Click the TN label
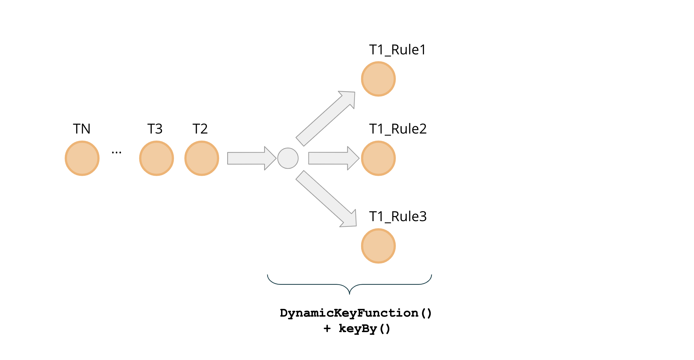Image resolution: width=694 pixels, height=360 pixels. pyautogui.click(x=82, y=129)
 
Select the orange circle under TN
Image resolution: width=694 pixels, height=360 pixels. pyautogui.click(x=82, y=158)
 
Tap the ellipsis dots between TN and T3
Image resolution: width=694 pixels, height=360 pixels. pyautogui.click(x=116, y=153)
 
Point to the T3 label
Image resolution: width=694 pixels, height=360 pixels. pyautogui.click(x=155, y=129)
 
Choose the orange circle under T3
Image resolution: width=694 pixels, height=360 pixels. pyautogui.click(x=156, y=158)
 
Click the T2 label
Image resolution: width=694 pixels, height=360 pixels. pyautogui.click(x=200, y=129)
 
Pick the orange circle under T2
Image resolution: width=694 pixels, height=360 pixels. pyautogui.click(x=202, y=158)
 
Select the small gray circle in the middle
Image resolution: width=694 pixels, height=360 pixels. pyautogui.click(x=288, y=158)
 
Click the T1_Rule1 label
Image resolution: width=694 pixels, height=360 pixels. pyautogui.click(x=397, y=50)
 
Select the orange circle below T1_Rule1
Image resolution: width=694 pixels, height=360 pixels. pyautogui.click(x=378, y=79)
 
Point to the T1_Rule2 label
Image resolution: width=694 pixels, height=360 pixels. pyautogui.click(x=398, y=129)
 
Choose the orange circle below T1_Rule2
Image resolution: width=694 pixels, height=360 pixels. pyautogui.click(x=378, y=158)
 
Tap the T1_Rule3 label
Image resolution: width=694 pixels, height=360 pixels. pyautogui.click(x=398, y=217)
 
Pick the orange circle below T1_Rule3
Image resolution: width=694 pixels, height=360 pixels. pyautogui.click(x=378, y=246)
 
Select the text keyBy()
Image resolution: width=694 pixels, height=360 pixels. pyautogui.click(x=364, y=329)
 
